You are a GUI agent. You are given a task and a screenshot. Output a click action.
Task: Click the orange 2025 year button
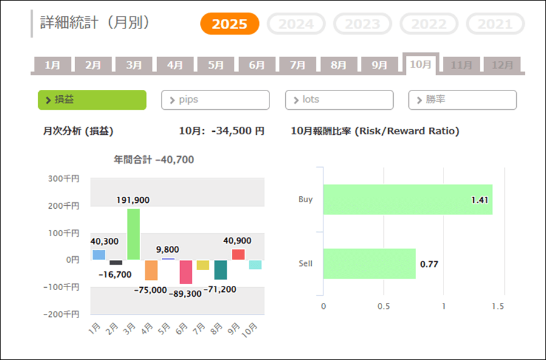(229, 24)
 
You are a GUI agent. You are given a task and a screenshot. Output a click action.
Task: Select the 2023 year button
(362, 24)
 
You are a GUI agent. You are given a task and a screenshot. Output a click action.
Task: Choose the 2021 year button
(495, 24)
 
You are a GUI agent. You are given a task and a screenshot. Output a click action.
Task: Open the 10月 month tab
(420, 64)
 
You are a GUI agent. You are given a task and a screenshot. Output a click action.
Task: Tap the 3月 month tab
(134, 65)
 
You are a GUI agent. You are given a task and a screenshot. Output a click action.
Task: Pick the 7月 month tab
(297, 65)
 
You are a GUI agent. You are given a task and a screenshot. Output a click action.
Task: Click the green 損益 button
(92, 100)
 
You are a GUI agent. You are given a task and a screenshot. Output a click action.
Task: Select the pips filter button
(215, 100)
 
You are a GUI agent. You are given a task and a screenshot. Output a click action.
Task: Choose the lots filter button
(339, 100)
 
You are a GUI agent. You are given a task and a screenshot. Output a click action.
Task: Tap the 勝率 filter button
(462, 100)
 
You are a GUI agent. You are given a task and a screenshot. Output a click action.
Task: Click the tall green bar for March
(133, 234)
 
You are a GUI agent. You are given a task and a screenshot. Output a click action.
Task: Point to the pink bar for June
(186, 272)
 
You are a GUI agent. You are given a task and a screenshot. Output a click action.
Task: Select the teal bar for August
(221, 270)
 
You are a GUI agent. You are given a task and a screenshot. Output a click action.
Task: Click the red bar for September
(238, 254)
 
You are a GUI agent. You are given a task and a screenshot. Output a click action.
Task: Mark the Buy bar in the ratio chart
(407, 199)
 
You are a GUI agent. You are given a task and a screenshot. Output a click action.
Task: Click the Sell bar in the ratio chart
(369, 263)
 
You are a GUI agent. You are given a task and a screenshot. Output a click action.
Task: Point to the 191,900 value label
(133, 200)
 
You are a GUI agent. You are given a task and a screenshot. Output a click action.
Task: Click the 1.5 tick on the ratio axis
(498, 306)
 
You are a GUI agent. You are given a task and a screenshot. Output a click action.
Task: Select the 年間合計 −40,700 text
(153, 160)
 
